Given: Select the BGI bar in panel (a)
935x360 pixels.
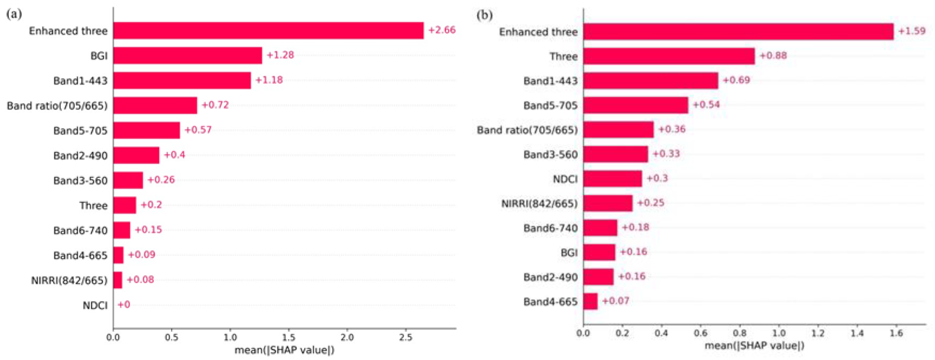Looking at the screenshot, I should [x=187, y=56].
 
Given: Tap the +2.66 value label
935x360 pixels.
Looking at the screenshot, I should [x=442, y=30].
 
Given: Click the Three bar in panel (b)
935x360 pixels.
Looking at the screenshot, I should [x=669, y=56].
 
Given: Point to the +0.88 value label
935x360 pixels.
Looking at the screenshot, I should [x=773, y=56].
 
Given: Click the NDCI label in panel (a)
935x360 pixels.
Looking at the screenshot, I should [x=95, y=305].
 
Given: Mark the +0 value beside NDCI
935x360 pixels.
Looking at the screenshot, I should [x=124, y=304].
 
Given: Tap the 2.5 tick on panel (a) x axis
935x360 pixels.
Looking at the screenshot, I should [x=406, y=337].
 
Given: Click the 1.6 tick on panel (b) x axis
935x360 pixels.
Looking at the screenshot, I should [x=896, y=333].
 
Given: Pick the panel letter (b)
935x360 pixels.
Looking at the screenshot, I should [x=485, y=15].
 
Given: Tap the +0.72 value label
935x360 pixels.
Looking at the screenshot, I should [x=215, y=105].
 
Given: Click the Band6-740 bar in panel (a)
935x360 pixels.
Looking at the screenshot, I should [x=122, y=230].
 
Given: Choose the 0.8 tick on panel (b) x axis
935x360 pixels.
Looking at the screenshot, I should [x=739, y=333].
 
